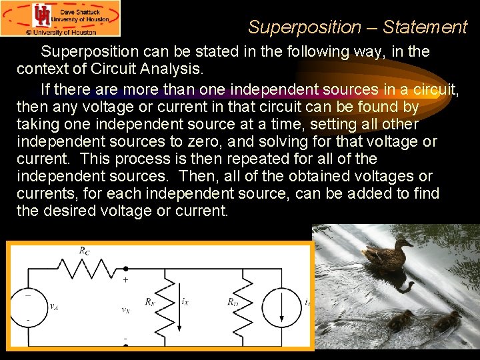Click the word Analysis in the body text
168,68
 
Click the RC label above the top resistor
85,251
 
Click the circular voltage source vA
29,307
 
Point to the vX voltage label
125,309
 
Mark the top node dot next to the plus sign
126,269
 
